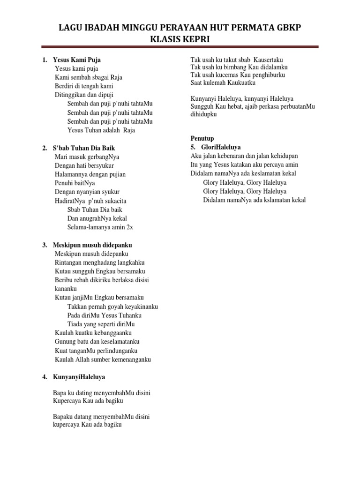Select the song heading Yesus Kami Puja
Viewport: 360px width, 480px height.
[77, 60]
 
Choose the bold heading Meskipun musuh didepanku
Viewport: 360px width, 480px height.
[92, 245]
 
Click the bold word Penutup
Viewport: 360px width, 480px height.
[202, 138]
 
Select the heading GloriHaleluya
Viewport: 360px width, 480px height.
[216, 147]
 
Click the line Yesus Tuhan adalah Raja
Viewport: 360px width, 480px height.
[101, 130]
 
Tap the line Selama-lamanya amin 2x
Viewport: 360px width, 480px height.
[100, 227]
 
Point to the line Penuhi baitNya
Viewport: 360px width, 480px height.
[75, 183]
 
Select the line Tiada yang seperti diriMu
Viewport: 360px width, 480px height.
[101, 324]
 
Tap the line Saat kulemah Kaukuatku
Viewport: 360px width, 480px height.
[223, 82]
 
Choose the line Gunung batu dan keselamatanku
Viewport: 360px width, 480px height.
[97, 342]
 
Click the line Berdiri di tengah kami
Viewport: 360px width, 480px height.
[84, 86]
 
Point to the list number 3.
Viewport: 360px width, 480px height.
[44, 245]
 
